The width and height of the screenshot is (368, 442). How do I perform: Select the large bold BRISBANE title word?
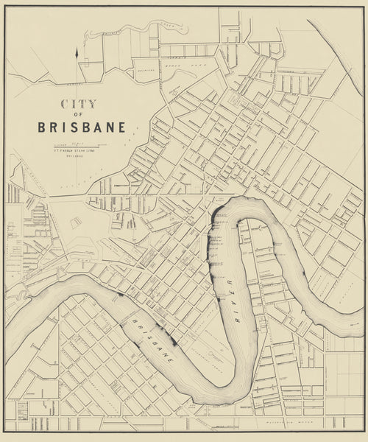click(x=81, y=127)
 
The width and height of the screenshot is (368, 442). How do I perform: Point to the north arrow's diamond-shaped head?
click(x=77, y=52)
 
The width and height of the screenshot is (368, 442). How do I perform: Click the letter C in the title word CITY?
click(x=66, y=105)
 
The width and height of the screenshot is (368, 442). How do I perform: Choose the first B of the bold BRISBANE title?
click(x=42, y=127)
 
